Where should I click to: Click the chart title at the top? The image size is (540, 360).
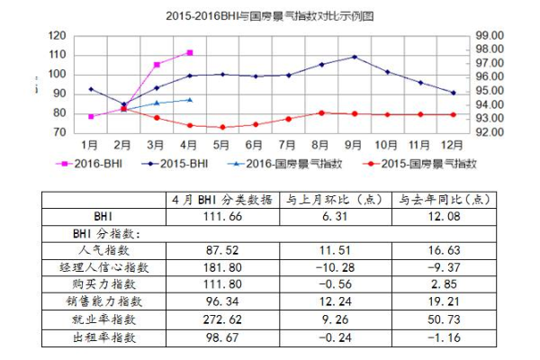pos(270,16)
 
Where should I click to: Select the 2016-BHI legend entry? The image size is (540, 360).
pos(90,164)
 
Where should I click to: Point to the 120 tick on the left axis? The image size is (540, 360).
pos(57,36)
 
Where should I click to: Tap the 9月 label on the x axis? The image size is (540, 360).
pos(353,144)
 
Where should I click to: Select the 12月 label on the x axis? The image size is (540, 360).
pos(453,144)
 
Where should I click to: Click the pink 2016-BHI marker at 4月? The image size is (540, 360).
pos(189,53)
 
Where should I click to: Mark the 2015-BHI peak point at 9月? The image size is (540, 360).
pos(354,57)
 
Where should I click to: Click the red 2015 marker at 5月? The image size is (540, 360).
pos(222,127)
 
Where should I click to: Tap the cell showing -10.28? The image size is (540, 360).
pos(335,267)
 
